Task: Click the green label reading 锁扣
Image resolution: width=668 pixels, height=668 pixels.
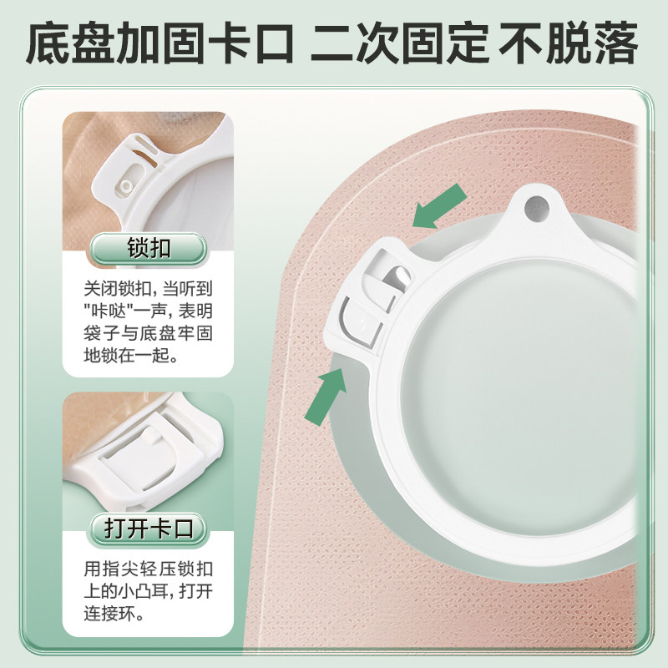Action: click(148, 249)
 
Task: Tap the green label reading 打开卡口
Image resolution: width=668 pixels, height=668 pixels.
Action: click(148, 529)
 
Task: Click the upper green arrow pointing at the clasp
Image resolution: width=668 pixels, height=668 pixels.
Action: click(440, 206)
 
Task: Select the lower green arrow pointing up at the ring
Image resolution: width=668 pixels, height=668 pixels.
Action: click(326, 396)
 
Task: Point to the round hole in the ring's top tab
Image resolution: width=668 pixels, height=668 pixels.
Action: click(536, 208)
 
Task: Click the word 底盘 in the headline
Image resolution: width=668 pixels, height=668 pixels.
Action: click(70, 43)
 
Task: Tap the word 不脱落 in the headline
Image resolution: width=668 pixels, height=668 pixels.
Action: click(569, 43)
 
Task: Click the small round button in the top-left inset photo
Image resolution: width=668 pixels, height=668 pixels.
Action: click(126, 185)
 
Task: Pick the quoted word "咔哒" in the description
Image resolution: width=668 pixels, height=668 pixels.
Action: click(107, 311)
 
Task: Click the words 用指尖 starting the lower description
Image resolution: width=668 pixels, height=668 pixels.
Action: click(111, 569)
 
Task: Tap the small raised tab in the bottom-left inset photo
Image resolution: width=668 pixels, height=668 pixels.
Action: click(150, 435)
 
